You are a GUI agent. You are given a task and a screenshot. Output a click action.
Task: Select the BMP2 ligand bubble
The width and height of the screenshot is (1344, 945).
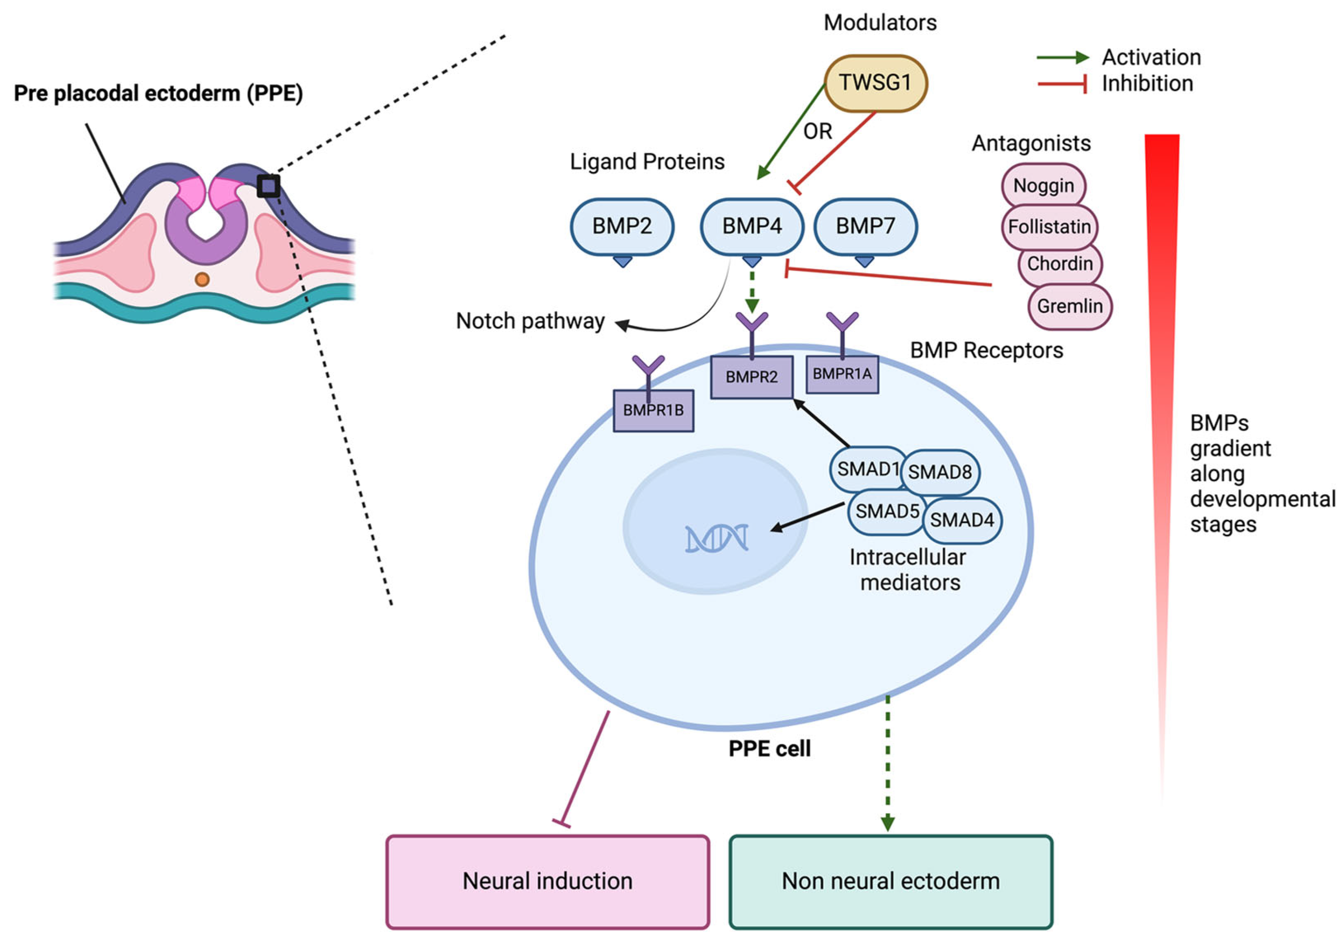622,227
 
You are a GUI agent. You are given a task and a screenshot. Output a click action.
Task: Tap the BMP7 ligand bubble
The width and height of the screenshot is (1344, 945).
865,227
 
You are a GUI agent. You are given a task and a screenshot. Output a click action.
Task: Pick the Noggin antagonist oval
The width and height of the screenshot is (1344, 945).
1044,186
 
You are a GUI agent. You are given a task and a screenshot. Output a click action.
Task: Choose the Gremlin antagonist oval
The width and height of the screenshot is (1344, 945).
1069,306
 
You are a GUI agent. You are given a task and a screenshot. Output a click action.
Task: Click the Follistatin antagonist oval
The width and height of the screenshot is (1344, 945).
1049,227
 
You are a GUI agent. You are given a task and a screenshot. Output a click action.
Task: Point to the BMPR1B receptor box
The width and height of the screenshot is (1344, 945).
653,411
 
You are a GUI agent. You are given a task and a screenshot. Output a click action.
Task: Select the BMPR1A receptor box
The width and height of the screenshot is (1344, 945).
842,374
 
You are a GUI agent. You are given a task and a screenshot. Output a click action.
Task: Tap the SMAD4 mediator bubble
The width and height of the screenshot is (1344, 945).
962,520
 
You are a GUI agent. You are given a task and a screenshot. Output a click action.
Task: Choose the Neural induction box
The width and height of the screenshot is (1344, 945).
547,881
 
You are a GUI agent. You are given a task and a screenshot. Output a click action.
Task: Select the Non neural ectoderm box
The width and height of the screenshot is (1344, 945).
890,881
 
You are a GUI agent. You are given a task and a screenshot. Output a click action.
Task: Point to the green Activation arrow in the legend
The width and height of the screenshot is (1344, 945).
1062,57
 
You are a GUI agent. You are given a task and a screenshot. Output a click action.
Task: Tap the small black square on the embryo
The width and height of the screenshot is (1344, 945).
268,186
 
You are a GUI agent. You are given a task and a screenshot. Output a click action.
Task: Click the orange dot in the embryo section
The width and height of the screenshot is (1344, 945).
202,279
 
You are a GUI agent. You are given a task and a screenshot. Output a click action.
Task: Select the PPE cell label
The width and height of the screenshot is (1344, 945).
769,749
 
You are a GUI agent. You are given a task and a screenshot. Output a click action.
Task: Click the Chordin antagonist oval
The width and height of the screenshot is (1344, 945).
1060,264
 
